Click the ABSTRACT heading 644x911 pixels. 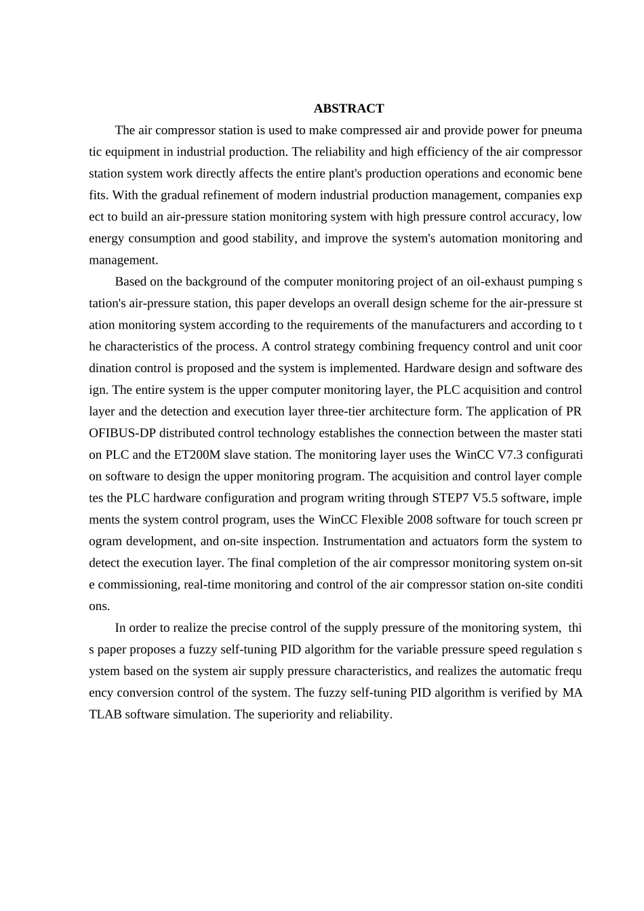348,108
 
